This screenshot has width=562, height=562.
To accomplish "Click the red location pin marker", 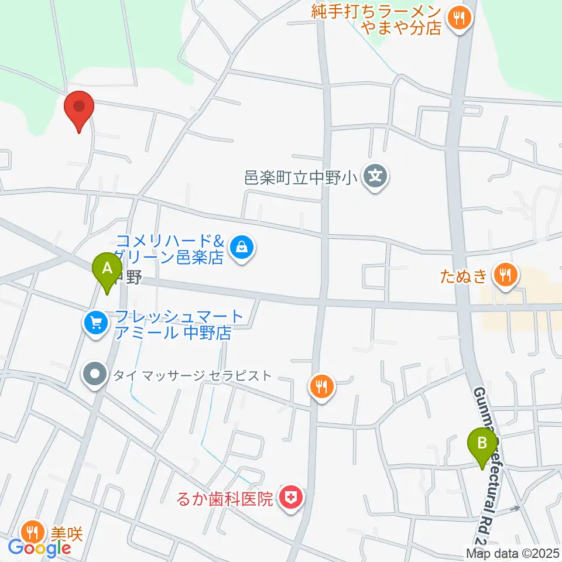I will [x=79, y=108].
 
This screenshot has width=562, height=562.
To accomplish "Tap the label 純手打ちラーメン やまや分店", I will [x=376, y=19].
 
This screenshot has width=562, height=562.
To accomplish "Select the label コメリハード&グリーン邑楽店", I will [x=170, y=249].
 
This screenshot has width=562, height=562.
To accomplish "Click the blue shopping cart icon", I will [x=95, y=323].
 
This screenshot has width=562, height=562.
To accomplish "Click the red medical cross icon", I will [x=292, y=499].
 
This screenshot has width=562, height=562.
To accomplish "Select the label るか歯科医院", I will [x=226, y=499].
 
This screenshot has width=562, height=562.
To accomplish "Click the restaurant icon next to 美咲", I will [x=31, y=532].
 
